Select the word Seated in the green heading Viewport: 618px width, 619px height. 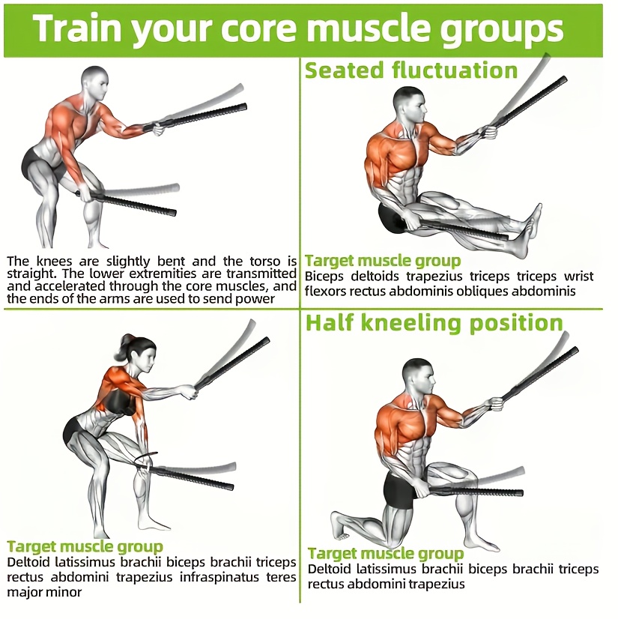(344, 70)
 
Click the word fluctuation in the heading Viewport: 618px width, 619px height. (455, 70)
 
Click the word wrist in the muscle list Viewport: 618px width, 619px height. (578, 277)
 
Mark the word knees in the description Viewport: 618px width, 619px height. (55, 262)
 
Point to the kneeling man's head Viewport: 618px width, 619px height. (419, 378)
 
